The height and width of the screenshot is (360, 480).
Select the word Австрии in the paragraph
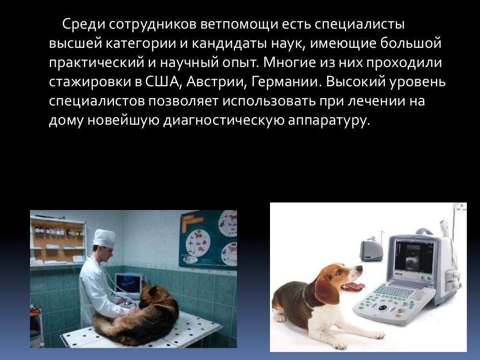click(215, 82)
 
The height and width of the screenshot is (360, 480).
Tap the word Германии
click(286, 82)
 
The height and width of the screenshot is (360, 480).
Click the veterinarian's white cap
click(104, 238)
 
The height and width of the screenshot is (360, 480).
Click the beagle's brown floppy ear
click(327, 289)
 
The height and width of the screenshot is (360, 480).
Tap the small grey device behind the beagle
click(371, 249)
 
